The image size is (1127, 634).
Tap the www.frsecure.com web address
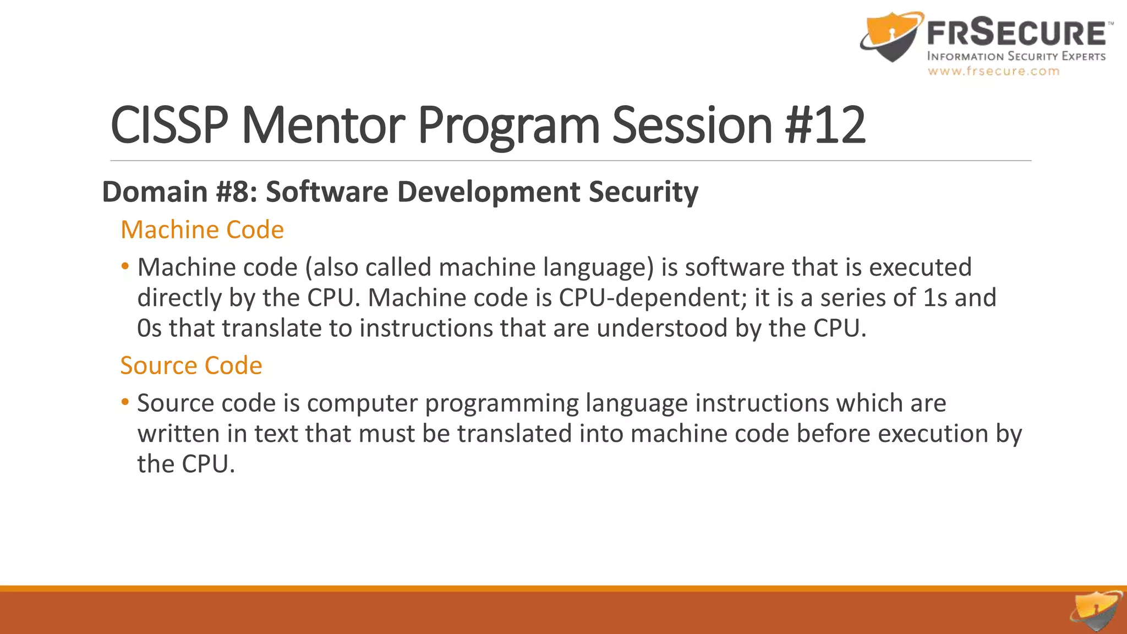pyautogui.click(x=993, y=71)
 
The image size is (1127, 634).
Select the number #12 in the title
pyautogui.click(x=825, y=125)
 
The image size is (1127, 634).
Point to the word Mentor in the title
pyautogui.click(x=324, y=125)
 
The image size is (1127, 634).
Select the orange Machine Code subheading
pyautogui.click(x=202, y=229)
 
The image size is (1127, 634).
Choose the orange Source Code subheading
pyautogui.click(x=191, y=365)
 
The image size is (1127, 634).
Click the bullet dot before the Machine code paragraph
pyautogui.click(x=125, y=267)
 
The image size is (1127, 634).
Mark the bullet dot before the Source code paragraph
pyautogui.click(x=125, y=402)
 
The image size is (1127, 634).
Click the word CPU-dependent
pyautogui.click(x=649, y=298)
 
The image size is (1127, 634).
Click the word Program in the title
pyautogui.click(x=508, y=125)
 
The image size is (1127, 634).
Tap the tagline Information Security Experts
pyautogui.click(x=1016, y=56)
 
